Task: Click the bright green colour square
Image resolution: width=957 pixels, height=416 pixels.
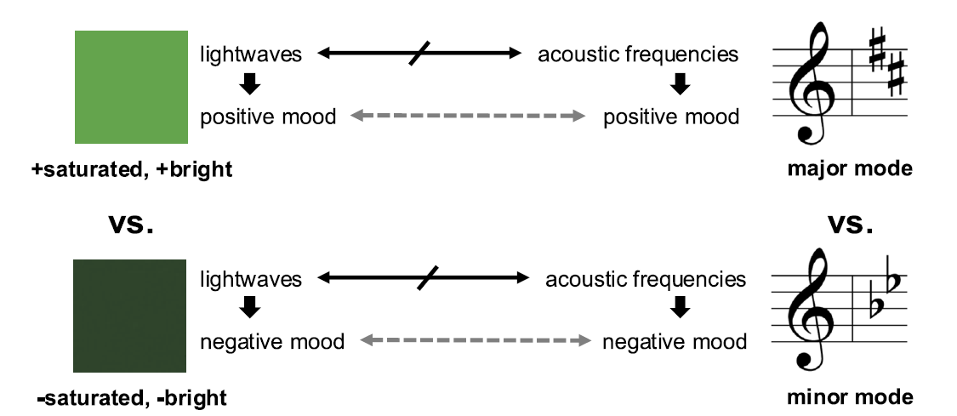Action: coord(130,87)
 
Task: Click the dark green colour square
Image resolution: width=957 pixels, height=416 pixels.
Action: coord(130,316)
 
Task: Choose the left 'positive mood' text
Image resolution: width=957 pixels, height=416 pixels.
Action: coord(268,116)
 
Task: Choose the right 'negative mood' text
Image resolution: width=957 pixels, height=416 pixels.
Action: coord(675,342)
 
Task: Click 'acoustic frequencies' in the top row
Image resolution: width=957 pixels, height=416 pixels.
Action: coord(638,55)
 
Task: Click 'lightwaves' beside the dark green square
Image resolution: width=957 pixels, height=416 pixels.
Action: coord(251,280)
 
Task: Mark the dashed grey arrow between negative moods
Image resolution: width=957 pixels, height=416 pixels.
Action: coord(476,342)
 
